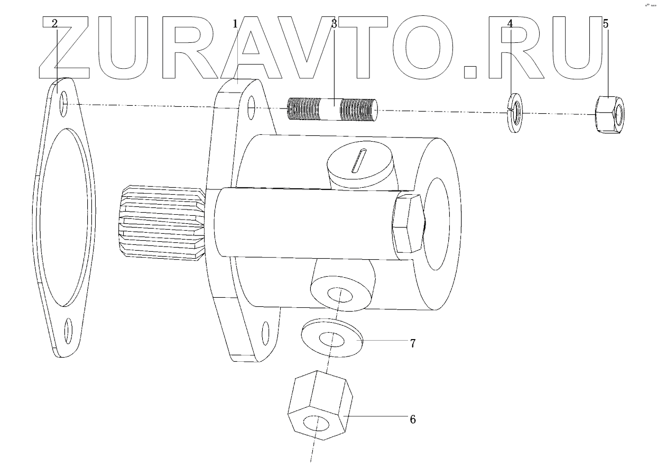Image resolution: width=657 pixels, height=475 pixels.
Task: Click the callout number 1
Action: click(235, 23)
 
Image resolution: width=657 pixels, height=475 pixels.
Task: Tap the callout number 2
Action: click(54, 23)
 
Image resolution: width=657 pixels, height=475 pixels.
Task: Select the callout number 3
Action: click(334, 23)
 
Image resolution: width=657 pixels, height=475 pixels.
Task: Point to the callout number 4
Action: click(510, 23)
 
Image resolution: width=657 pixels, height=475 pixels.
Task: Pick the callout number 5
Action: click(605, 23)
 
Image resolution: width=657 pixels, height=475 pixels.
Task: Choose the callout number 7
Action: click(413, 343)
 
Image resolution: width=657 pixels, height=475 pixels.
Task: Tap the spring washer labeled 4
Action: click(515, 114)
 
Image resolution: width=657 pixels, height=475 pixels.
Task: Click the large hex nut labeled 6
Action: click(320, 405)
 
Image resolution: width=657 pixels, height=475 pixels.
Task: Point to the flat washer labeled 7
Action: click(331, 338)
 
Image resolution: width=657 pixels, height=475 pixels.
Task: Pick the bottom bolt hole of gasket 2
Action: click(67, 331)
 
